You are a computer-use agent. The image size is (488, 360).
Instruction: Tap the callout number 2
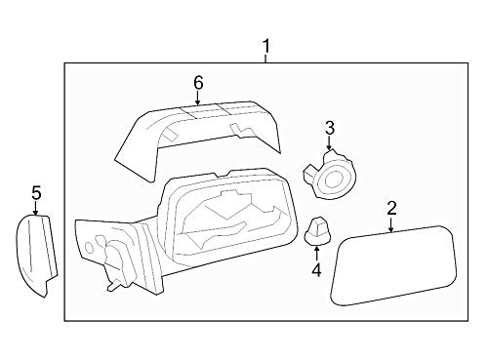[x=391, y=207]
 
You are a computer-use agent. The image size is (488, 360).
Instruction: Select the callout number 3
[x=329, y=128]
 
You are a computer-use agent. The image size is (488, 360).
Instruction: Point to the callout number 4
[x=316, y=268]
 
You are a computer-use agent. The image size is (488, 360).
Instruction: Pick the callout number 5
[x=35, y=193]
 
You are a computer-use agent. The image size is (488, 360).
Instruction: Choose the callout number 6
[x=198, y=83]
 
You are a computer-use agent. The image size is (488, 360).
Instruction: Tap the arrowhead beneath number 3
[x=329, y=146]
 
